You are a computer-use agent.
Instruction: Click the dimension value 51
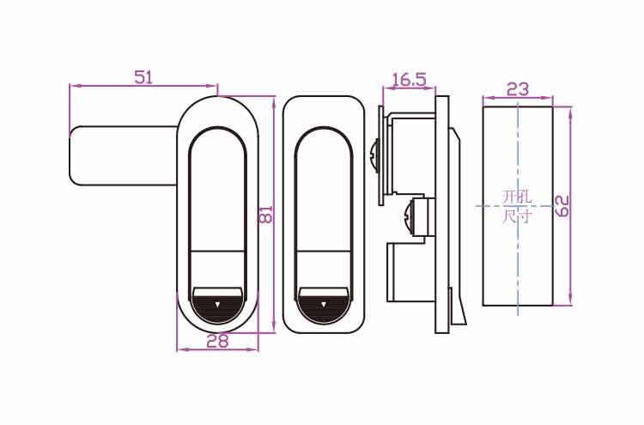[x=143, y=77]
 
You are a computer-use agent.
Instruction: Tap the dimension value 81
[x=265, y=214]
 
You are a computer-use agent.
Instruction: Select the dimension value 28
[x=217, y=341]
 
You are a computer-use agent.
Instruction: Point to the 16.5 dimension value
[x=409, y=80]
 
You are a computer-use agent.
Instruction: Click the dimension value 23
[x=517, y=89]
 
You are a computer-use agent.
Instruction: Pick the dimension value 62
[x=562, y=206]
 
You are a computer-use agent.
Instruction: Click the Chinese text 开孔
[x=517, y=197]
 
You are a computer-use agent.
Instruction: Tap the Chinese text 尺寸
[x=517, y=216]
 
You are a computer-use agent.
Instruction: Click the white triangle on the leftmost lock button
[x=217, y=305]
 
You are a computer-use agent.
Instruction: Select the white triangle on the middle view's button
[x=324, y=305]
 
